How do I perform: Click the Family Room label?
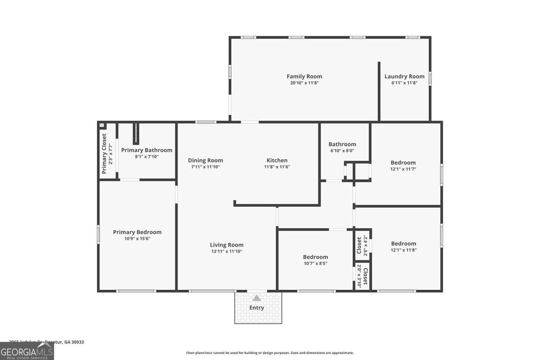(304, 76)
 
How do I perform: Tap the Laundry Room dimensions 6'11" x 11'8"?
(404, 83)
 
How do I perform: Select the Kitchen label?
(277, 160)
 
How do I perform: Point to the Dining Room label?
(206, 160)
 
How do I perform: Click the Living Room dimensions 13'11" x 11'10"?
(227, 251)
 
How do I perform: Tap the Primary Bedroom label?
(137, 232)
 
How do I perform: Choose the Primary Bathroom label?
(147, 150)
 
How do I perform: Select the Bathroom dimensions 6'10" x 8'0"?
(342, 151)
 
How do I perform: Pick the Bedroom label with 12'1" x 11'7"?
(403, 162)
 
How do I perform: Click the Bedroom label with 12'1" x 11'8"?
(404, 243)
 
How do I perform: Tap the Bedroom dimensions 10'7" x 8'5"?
(315, 264)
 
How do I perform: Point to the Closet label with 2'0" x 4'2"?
(359, 245)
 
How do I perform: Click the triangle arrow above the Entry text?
(257, 298)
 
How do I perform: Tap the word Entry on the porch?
(257, 308)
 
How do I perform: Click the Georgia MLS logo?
(27, 351)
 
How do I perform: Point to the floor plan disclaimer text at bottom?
(269, 353)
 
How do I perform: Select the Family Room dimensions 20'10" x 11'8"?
(304, 83)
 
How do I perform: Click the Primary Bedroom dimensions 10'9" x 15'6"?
(137, 239)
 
